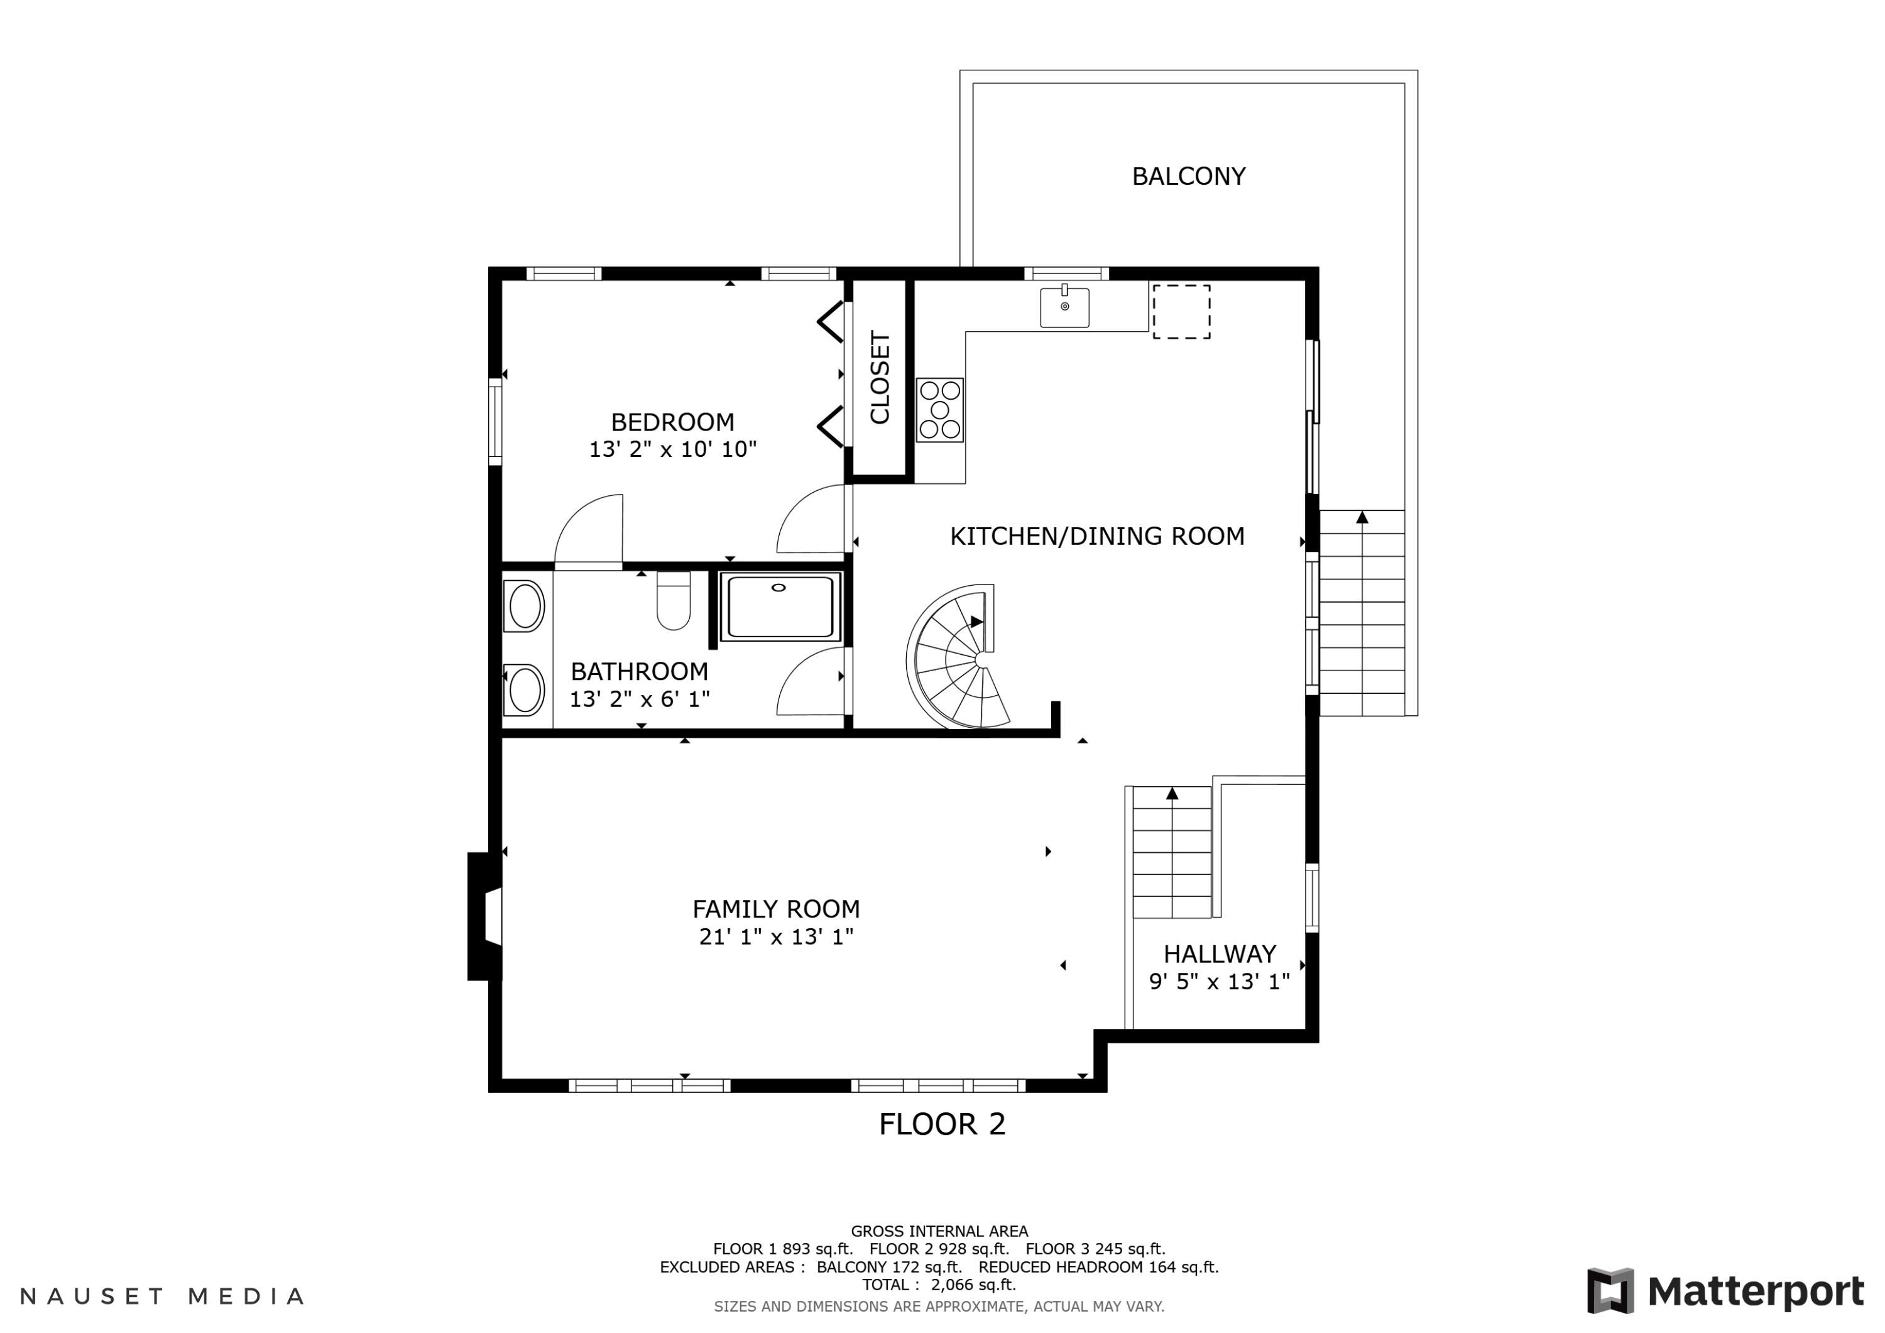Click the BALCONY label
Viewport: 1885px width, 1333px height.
(x=1188, y=177)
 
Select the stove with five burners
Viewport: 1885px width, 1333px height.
(x=939, y=410)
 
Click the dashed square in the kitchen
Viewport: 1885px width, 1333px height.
(x=1181, y=312)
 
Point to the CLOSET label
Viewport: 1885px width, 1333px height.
(x=879, y=378)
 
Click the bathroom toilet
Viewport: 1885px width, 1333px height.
(x=673, y=600)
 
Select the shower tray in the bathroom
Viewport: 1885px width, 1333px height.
(x=780, y=607)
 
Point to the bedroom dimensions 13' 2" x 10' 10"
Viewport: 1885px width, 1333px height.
(x=672, y=449)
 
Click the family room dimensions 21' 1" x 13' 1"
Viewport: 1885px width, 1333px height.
(x=776, y=936)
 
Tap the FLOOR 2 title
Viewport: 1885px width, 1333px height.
(x=942, y=1124)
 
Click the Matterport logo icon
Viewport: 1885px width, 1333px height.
(x=1610, y=1290)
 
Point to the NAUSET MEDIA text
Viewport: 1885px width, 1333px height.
(x=161, y=1296)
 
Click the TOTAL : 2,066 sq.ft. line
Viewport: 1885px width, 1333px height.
(x=939, y=1285)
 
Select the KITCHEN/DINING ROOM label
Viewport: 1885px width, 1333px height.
(x=1097, y=536)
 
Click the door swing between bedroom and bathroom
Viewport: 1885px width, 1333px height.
(x=589, y=530)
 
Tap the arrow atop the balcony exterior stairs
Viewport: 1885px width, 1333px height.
(x=1362, y=517)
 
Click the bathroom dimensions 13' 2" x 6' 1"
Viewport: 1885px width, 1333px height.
(x=640, y=699)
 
